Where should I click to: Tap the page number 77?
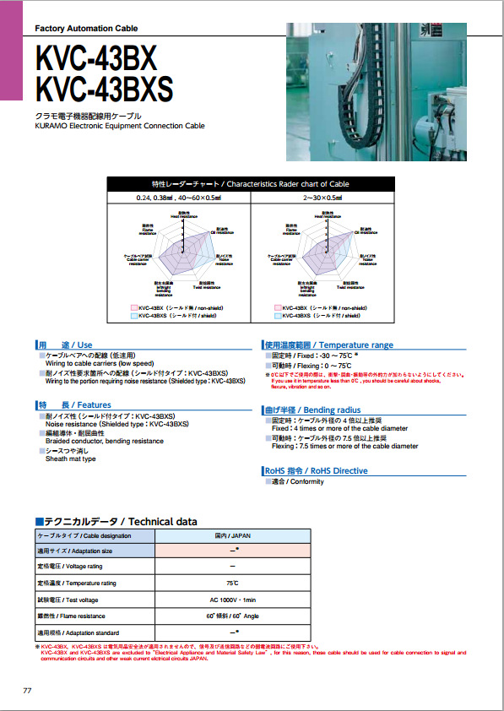27,691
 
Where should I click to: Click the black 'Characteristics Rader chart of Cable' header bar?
251,184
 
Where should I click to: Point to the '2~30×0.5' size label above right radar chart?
322,198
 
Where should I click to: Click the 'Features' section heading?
73,405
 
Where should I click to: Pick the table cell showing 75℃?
232,583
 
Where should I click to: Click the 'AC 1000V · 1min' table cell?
232,600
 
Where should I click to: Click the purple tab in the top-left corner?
11,51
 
